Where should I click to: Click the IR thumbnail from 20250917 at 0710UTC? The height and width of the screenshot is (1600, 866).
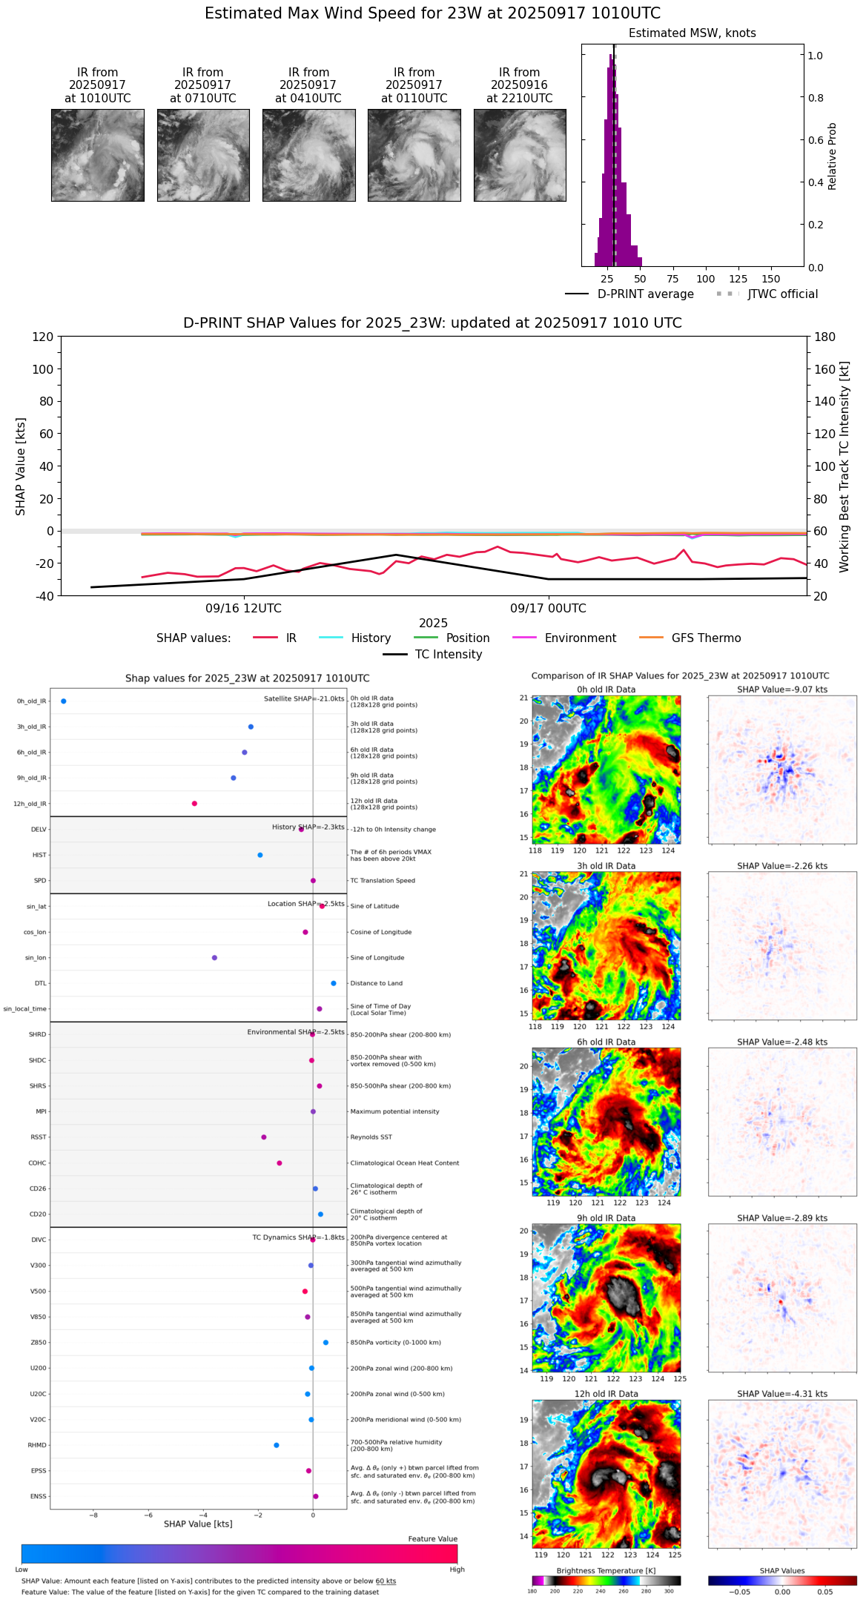203,155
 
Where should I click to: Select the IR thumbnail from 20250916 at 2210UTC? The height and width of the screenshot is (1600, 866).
520,155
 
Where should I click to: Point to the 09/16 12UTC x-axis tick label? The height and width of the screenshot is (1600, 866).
243,609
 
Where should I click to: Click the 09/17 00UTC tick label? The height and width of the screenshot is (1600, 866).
548,609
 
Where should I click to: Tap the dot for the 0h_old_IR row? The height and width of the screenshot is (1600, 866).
64,701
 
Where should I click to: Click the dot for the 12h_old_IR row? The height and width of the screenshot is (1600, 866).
194,804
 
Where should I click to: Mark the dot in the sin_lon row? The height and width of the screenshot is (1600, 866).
214,958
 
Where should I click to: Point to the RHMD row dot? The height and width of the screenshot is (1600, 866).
277,1445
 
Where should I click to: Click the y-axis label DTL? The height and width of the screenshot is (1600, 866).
40,983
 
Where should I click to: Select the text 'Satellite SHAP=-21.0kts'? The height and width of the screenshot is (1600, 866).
304,699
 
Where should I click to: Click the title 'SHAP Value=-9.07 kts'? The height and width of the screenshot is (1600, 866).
782,690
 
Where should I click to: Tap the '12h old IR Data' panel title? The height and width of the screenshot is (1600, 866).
606,1394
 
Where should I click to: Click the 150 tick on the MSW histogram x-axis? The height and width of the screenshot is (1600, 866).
771,279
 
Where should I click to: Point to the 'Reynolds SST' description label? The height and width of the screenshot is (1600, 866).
371,1137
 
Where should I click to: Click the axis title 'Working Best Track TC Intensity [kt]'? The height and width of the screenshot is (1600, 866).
844,467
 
